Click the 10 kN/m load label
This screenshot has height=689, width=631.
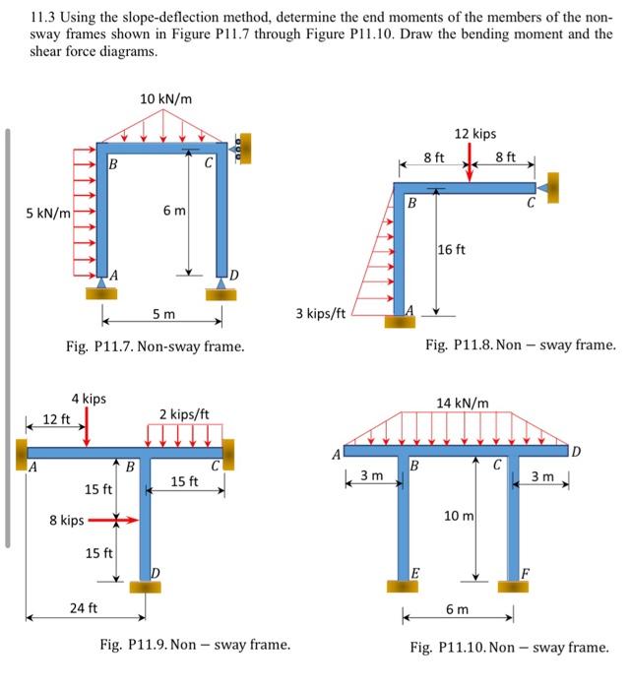(165, 99)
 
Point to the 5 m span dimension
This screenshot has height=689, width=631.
(164, 314)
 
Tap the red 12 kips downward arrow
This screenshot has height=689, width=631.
(470, 163)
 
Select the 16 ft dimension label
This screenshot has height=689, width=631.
(454, 250)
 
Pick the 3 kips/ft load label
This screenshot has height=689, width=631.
(320, 314)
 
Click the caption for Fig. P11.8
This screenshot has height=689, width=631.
(520, 345)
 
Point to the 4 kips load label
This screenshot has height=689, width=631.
(89, 399)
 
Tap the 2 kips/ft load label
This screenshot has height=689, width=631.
(185, 413)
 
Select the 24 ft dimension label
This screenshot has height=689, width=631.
(84, 607)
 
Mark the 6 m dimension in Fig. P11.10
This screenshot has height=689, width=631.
(458, 610)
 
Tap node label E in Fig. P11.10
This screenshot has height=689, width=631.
(414, 573)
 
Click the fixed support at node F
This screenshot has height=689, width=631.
(513, 587)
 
